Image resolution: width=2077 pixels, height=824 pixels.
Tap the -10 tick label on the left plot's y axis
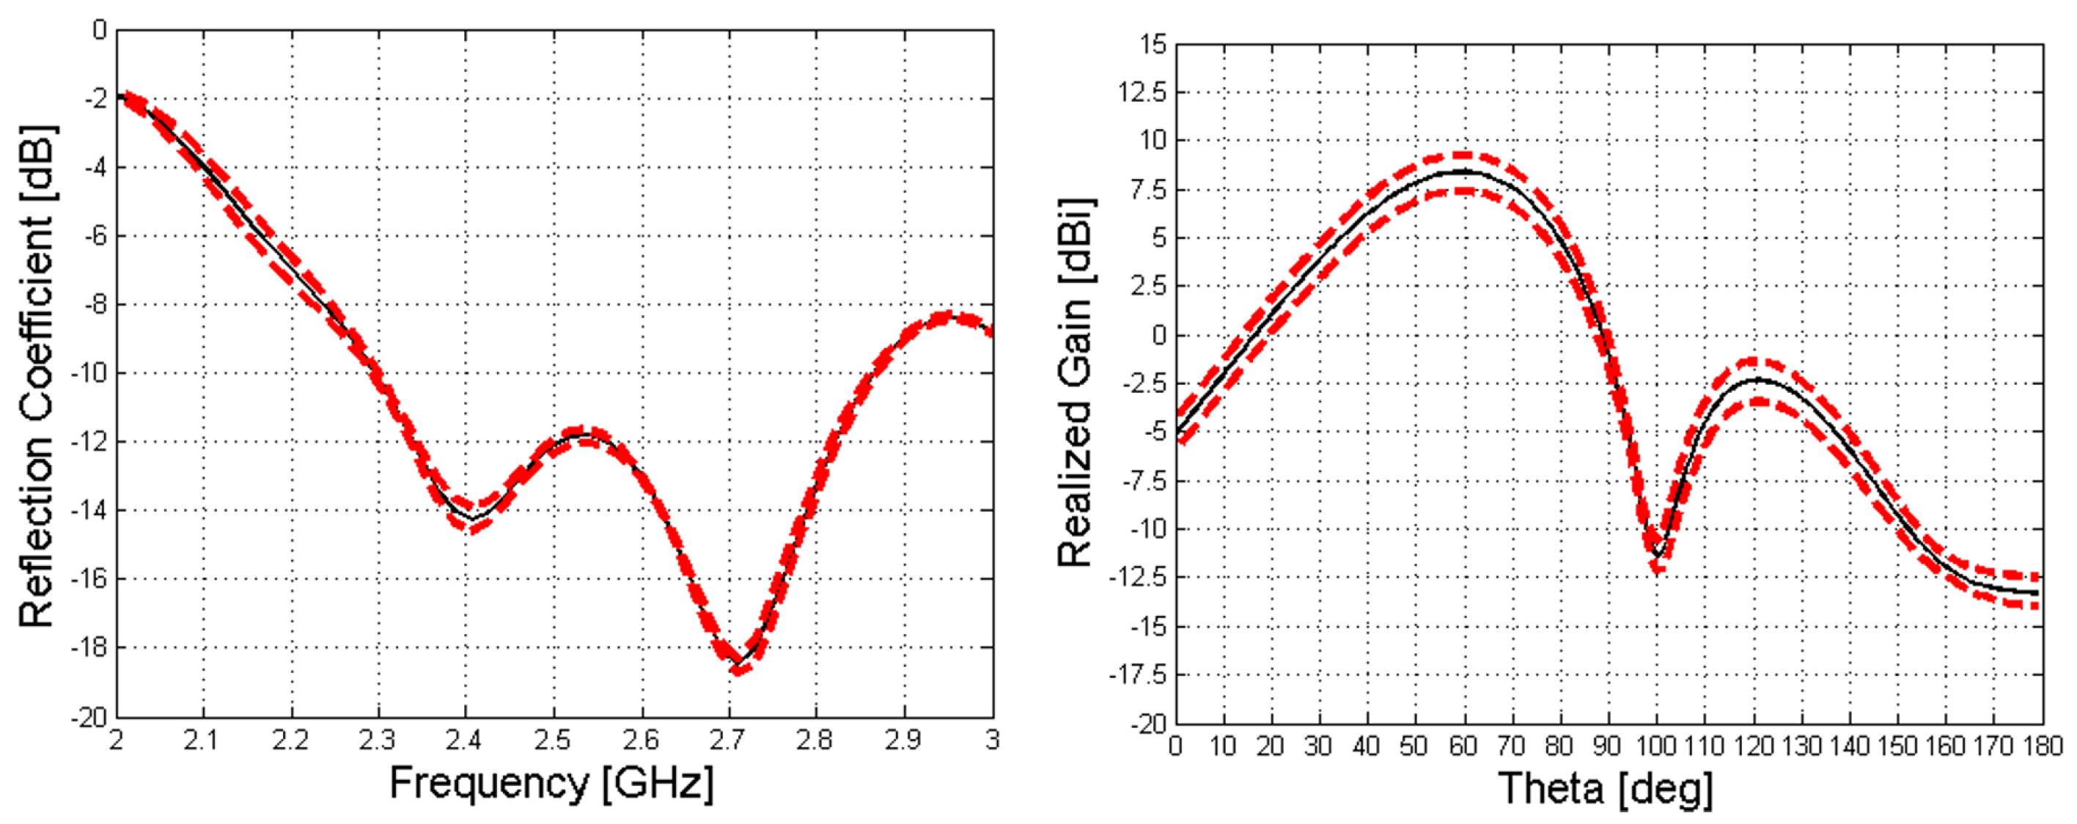pyautogui.click(x=88, y=373)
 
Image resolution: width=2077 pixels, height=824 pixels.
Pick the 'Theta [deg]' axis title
pyautogui.click(x=1605, y=788)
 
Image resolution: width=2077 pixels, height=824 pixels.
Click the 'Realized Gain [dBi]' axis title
pyautogui.click(x=1075, y=383)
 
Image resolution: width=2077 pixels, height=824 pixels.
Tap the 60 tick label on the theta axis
pyautogui.click(x=1463, y=746)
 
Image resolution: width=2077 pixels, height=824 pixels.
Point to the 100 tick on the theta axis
pyautogui.click(x=1655, y=746)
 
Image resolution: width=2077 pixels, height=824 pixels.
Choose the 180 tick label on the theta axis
pyautogui.click(x=2042, y=746)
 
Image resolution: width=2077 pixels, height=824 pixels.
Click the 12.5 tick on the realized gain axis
pyautogui.click(x=1142, y=92)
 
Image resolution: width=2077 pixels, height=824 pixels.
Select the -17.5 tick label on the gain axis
pyautogui.click(x=1139, y=676)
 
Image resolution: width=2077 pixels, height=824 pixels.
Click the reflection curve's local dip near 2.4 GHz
pyautogui.click(x=472, y=518)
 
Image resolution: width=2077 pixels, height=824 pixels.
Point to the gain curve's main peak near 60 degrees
pyautogui.click(x=1463, y=172)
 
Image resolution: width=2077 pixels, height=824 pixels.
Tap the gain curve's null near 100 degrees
pyautogui.click(x=1657, y=555)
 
